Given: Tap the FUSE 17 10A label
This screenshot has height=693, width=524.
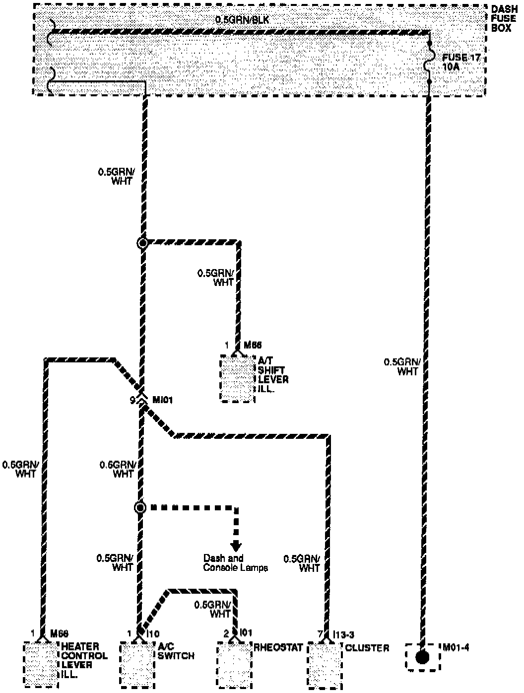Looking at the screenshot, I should pyautogui.click(x=461, y=62).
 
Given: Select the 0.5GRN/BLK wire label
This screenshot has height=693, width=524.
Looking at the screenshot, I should pyautogui.click(x=242, y=20).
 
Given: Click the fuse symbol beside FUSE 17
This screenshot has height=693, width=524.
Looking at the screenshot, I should pyautogui.click(x=430, y=65).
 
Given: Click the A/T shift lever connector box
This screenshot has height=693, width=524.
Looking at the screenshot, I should pyautogui.click(x=237, y=378).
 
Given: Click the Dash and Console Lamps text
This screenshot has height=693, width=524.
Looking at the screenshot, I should pyautogui.click(x=236, y=563).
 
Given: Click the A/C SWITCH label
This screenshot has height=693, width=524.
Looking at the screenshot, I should pyautogui.click(x=176, y=651).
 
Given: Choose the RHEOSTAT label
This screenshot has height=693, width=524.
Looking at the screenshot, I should pyautogui.click(x=278, y=647).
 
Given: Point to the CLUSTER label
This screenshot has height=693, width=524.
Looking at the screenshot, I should pyautogui.click(x=367, y=647).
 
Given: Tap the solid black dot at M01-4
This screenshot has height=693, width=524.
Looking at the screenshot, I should pyautogui.click(x=422, y=658).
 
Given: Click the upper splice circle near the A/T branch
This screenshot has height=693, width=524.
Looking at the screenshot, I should pyautogui.click(x=143, y=243).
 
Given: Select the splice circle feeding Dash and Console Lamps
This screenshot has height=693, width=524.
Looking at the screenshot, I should pyautogui.click(x=140, y=507).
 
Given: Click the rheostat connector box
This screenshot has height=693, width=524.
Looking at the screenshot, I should pyautogui.click(x=234, y=665).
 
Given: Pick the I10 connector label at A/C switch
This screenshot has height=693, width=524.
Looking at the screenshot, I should pyautogui.click(x=153, y=634).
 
